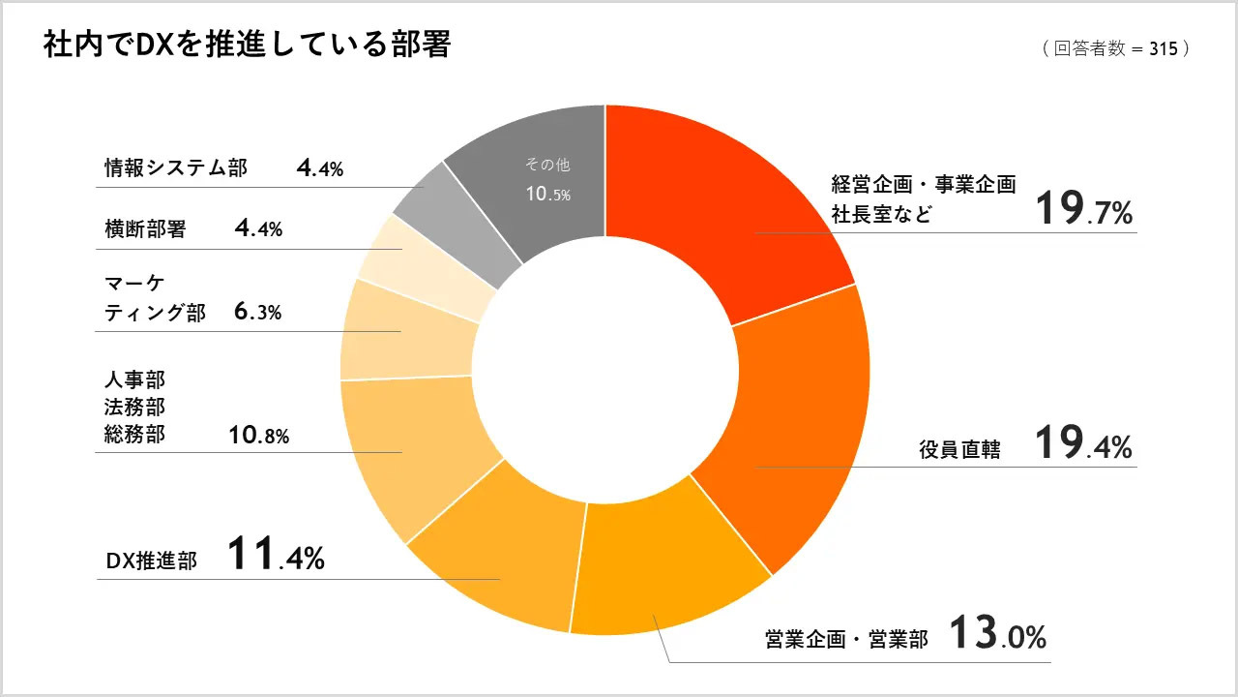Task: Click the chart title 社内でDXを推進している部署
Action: pyautogui.click(x=247, y=45)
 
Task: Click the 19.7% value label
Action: pyautogui.click(x=1082, y=210)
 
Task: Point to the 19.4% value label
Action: pyautogui.click(x=1082, y=444)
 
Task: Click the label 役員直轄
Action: pyautogui.click(x=959, y=450)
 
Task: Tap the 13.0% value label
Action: pyautogui.click(x=997, y=635)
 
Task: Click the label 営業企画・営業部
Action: pyautogui.click(x=846, y=640)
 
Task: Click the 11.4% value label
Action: pyautogui.click(x=276, y=556)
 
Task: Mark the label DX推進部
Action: pyautogui.click(x=151, y=561)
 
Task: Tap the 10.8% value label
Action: pyautogui.click(x=259, y=437)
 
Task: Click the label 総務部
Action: pyautogui.click(x=134, y=435)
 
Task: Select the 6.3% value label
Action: pyautogui.click(x=257, y=312)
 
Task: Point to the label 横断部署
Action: pyautogui.click(x=145, y=229)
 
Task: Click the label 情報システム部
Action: pyautogui.click(x=176, y=168)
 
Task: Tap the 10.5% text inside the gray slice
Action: pyautogui.click(x=547, y=194)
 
